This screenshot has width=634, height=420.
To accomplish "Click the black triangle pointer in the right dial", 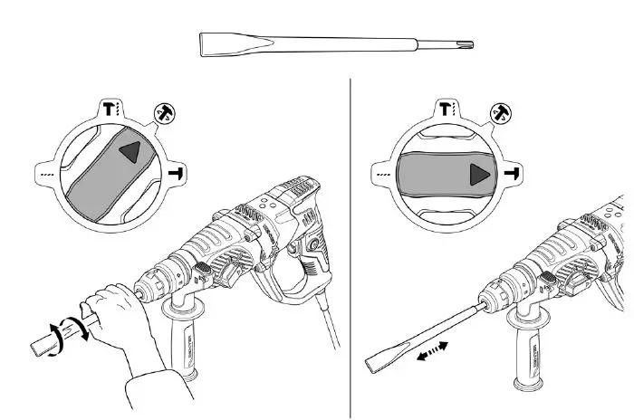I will pos(477,173).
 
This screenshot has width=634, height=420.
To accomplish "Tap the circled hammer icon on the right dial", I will pos(499,112).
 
